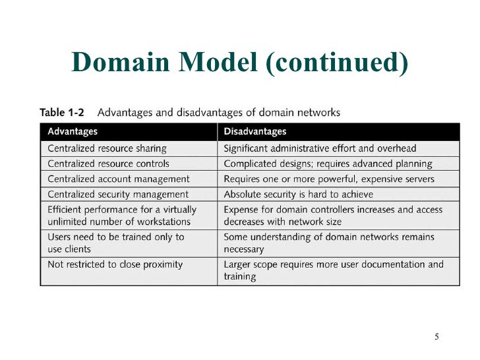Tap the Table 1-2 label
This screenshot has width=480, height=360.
coord(62,113)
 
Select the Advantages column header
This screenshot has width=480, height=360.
coord(73,132)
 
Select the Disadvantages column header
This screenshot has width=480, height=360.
coord(255,132)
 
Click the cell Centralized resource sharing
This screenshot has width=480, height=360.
coord(107,148)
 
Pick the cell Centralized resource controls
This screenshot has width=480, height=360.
coord(108,164)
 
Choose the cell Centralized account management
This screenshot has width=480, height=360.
coord(119,179)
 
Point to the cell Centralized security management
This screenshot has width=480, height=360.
coord(118,195)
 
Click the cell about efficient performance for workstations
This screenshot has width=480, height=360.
coord(122,216)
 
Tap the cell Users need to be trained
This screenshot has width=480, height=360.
coord(116,243)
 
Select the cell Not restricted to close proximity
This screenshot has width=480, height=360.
coord(115,264)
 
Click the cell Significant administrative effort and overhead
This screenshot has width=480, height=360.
coord(320,148)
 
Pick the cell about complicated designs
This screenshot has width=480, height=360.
coord(328,164)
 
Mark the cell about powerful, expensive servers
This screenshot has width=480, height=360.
coord(329,179)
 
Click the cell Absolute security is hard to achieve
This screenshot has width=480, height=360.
coord(299,195)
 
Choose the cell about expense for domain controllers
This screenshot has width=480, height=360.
coord(334,216)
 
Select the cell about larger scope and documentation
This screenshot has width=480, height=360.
coord(334,270)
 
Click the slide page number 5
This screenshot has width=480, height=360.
coord(436,338)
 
